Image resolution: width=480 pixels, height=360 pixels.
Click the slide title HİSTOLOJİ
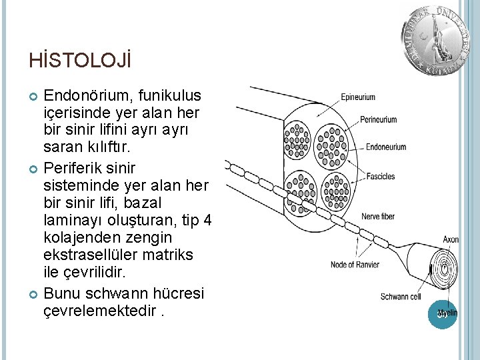coord(80,61)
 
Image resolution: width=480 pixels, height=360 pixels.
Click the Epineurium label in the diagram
coord(358,97)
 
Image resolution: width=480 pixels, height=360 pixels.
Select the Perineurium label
coord(378,120)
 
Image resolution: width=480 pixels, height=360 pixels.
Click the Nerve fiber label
coord(379,217)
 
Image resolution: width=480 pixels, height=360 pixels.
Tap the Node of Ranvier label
coord(355,265)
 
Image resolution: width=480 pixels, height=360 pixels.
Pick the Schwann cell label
coord(400,296)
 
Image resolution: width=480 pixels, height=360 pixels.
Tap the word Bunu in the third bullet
coord(62,294)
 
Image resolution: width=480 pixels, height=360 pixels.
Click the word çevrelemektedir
coord(102,311)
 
